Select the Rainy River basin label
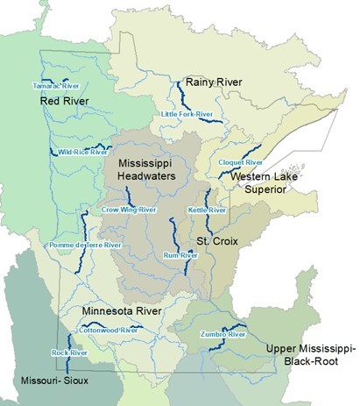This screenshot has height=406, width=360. [x=214, y=83]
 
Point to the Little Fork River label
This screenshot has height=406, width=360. [x=187, y=115]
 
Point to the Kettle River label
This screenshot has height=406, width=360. [x=207, y=210]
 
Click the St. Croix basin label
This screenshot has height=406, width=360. [x=215, y=240]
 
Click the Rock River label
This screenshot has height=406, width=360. [x=67, y=353]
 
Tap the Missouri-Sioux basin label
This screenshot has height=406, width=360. [x=57, y=380]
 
